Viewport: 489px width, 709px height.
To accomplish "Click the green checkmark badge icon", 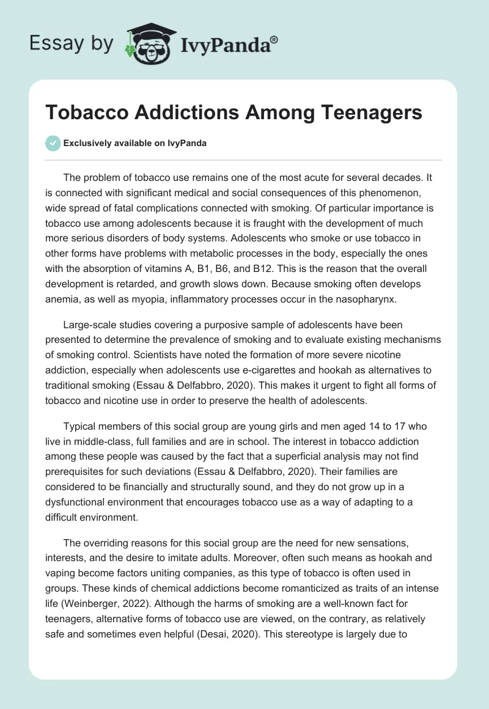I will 53,143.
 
